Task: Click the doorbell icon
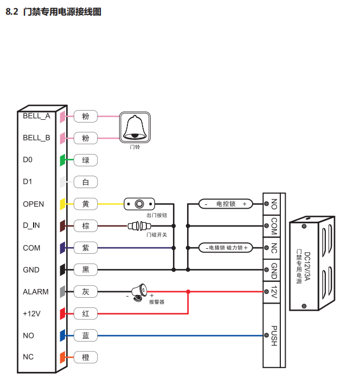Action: click(x=134, y=128)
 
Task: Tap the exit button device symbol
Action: click(x=140, y=204)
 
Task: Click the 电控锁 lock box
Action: click(x=226, y=204)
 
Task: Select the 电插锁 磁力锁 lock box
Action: click(x=226, y=248)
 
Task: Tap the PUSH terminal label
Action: click(x=273, y=336)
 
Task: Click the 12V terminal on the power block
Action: click(x=273, y=292)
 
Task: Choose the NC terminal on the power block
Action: click(x=273, y=248)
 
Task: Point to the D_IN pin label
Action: click(x=31, y=226)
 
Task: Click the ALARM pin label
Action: click(x=35, y=292)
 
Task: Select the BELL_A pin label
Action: click(x=36, y=115)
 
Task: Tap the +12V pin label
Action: click(x=31, y=313)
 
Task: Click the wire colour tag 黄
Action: click(x=86, y=204)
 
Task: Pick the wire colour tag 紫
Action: click(x=86, y=248)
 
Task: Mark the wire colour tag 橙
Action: click(x=86, y=357)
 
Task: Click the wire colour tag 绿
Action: click(x=86, y=160)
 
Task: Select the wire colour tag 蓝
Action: click(x=86, y=336)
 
